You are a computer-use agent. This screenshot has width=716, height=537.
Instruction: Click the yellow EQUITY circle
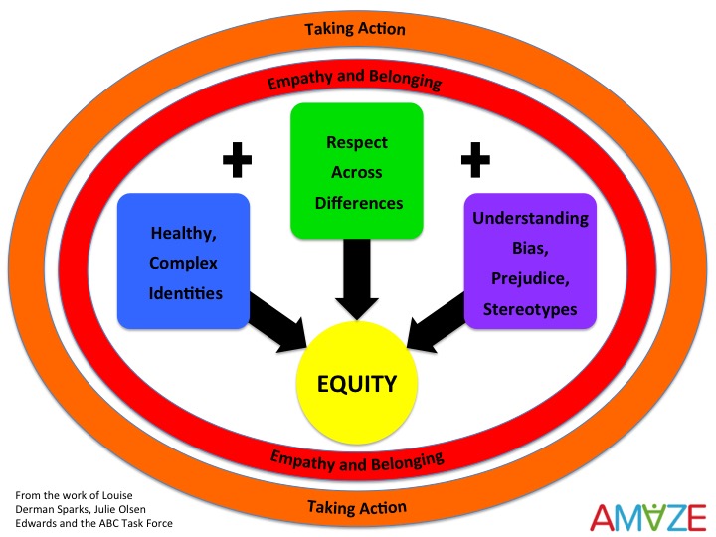pyautogui.click(x=357, y=383)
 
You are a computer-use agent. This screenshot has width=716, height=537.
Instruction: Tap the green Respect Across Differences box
pyautogui.click(x=357, y=171)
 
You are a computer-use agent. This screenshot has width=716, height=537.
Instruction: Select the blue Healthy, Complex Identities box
pyautogui.click(x=184, y=262)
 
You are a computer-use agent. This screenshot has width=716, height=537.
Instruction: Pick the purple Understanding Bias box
pyautogui.click(x=530, y=262)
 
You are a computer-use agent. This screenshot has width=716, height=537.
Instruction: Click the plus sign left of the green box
pyautogui.click(x=237, y=160)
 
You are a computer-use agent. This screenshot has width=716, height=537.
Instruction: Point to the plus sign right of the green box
pyautogui.click(x=475, y=160)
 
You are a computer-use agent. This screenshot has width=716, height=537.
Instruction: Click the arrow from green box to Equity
pyautogui.click(x=357, y=278)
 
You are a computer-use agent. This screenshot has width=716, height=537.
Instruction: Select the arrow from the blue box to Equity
pyautogui.click(x=277, y=322)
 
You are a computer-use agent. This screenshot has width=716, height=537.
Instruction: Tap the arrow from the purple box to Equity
pyautogui.click(x=437, y=322)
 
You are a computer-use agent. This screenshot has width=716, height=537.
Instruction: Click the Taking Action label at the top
pyautogui.click(x=355, y=29)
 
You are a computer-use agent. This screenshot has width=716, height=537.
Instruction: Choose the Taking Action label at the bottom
pyautogui.click(x=357, y=507)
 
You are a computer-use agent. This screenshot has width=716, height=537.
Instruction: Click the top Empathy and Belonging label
pyautogui.click(x=354, y=80)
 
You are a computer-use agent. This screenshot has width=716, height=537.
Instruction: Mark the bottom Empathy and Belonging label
pyautogui.click(x=357, y=461)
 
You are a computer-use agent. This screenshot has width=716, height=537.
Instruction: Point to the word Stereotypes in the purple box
pyautogui.click(x=530, y=309)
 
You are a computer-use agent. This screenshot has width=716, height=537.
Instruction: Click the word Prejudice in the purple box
pyautogui.click(x=530, y=278)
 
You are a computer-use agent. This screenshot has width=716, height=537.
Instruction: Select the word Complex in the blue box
pyautogui.click(x=183, y=263)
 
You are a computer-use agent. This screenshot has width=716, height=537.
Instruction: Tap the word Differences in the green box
pyautogui.click(x=359, y=203)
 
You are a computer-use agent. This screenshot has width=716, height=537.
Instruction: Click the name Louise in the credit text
pyautogui.click(x=117, y=495)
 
